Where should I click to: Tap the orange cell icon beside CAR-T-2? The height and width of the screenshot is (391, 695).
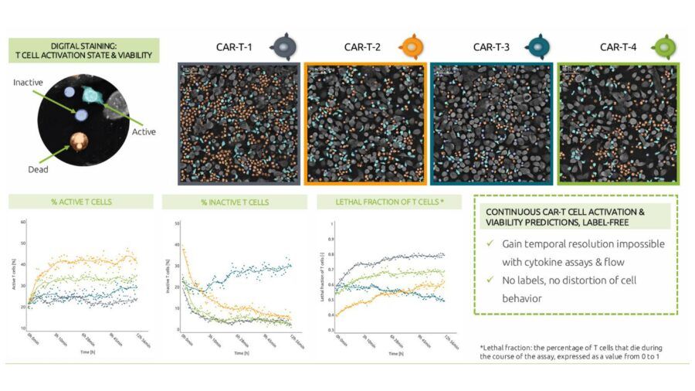tap(415, 46)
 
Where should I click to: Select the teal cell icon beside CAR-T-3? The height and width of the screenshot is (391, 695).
tap(541, 46)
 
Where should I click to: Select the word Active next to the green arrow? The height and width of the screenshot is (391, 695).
tap(144, 131)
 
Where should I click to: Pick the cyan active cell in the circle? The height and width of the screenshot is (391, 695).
tap(94, 95)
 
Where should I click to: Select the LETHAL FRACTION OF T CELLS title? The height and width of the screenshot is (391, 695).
tap(388, 202)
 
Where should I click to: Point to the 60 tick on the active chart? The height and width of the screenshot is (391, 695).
tap(23, 223)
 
